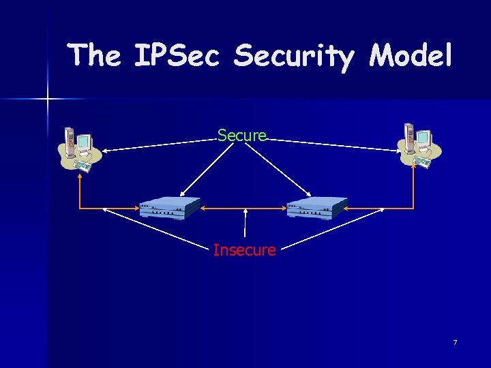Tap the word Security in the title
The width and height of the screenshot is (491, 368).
point(294,57)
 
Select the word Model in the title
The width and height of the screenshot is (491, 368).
point(411,55)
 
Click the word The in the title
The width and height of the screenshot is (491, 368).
point(95,55)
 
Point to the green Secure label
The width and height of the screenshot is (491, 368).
point(242,136)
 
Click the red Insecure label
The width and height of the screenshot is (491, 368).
point(244,250)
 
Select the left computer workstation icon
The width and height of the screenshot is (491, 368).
point(80,148)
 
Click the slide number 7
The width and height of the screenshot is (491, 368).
point(455,341)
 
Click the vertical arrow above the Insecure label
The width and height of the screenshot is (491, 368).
point(244,225)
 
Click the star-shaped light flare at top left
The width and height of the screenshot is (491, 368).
point(48,99)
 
